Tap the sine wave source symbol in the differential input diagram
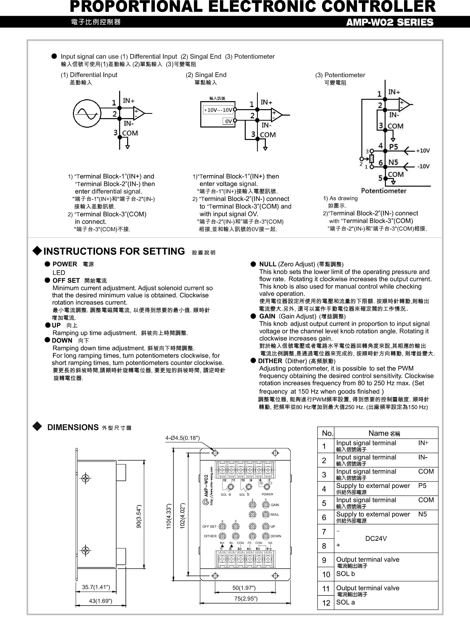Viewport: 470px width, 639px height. (87, 113)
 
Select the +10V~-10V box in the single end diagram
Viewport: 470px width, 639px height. (218, 110)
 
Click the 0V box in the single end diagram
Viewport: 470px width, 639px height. (228, 121)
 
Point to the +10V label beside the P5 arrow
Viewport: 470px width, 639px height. (423, 151)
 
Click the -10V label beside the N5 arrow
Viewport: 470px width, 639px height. (423, 166)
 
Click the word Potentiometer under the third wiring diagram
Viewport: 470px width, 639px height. (384, 191)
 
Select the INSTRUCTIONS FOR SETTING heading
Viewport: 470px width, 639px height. (114, 251)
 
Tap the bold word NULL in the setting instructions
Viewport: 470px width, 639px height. (267, 264)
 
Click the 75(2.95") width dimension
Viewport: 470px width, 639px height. (246, 599)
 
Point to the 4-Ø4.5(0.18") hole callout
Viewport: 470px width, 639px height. (182, 438)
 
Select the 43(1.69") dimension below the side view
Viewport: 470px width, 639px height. (100, 601)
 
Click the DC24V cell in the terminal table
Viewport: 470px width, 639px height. (376, 538)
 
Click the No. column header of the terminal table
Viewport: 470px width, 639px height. (327, 433)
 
